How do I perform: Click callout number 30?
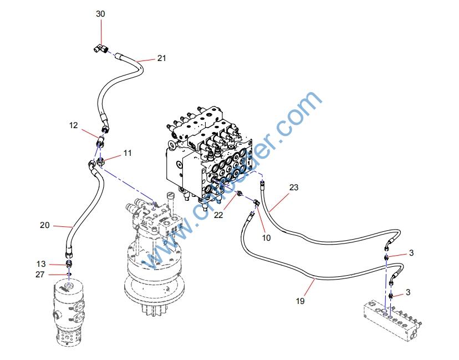[x=100, y=13]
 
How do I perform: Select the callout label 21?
[x=161, y=58]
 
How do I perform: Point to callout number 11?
[x=127, y=153]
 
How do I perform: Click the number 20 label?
[x=45, y=225]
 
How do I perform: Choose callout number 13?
[x=41, y=263]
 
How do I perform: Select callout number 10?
[x=266, y=237]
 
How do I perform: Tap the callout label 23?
[x=294, y=187]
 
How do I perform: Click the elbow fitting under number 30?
[x=100, y=50]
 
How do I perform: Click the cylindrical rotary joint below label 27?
[x=69, y=313]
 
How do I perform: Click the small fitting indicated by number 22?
[x=240, y=194]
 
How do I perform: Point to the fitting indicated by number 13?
[x=69, y=263]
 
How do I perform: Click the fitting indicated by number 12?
[x=101, y=141]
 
